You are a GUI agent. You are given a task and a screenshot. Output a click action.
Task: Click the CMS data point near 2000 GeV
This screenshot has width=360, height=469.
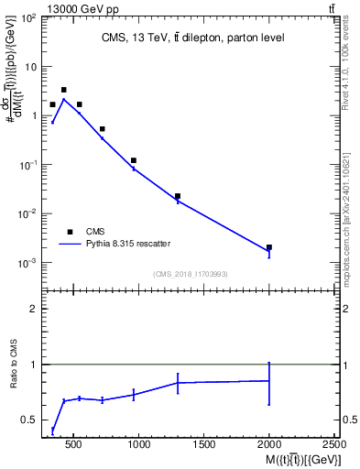point(268,247)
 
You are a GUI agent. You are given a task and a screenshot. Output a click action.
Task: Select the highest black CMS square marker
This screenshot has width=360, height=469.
point(63,90)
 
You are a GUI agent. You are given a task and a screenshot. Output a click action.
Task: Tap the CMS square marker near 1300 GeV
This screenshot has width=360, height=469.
point(178,196)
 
